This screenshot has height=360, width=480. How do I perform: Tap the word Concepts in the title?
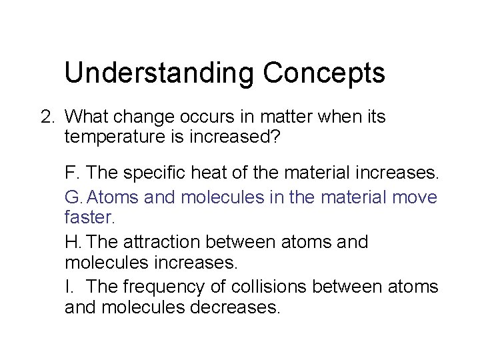pos(324,73)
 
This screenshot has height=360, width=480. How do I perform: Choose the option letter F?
pos(71,173)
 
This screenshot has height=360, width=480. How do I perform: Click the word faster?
pos(90,217)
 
